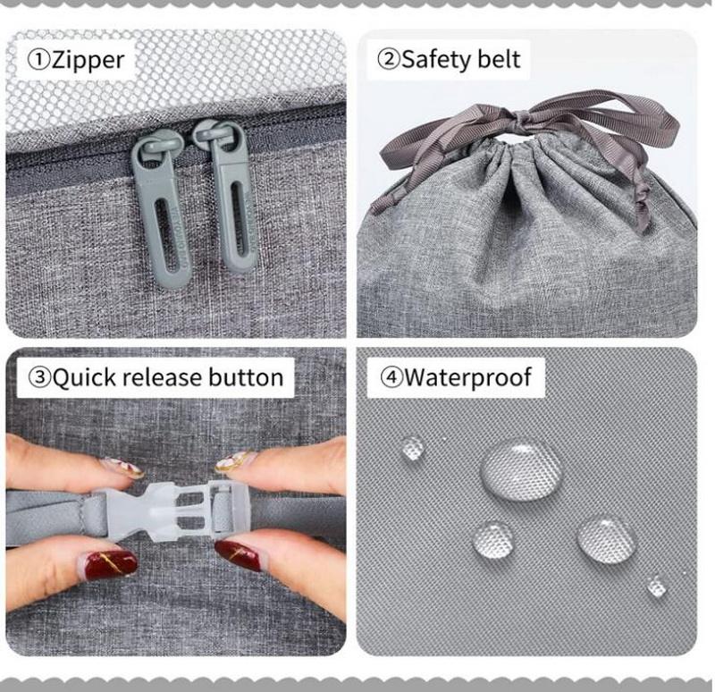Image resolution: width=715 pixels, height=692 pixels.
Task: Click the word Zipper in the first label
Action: coord(88,60)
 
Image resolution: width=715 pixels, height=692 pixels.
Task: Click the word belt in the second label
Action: coord(500,59)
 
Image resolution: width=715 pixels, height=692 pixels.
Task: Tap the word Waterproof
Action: coord(467,378)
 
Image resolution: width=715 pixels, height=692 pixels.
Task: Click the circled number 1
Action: coord(38,61)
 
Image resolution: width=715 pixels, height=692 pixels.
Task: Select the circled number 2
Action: coord(389,60)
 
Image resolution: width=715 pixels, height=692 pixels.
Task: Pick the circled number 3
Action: coord(39,378)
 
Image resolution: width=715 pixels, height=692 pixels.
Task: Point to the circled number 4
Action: coord(391,378)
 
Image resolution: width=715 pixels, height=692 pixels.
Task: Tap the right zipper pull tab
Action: coord(229,195)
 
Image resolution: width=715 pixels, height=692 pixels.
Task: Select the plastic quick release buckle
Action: coord(173,511)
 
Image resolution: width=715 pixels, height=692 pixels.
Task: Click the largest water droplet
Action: coord(521,470)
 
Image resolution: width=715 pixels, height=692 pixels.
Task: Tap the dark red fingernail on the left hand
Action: coord(111,565)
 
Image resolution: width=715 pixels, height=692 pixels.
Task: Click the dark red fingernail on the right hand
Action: coord(239,554)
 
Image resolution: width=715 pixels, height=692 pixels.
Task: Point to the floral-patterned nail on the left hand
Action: coord(123,468)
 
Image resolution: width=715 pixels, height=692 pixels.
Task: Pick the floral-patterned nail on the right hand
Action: coord(235,461)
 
